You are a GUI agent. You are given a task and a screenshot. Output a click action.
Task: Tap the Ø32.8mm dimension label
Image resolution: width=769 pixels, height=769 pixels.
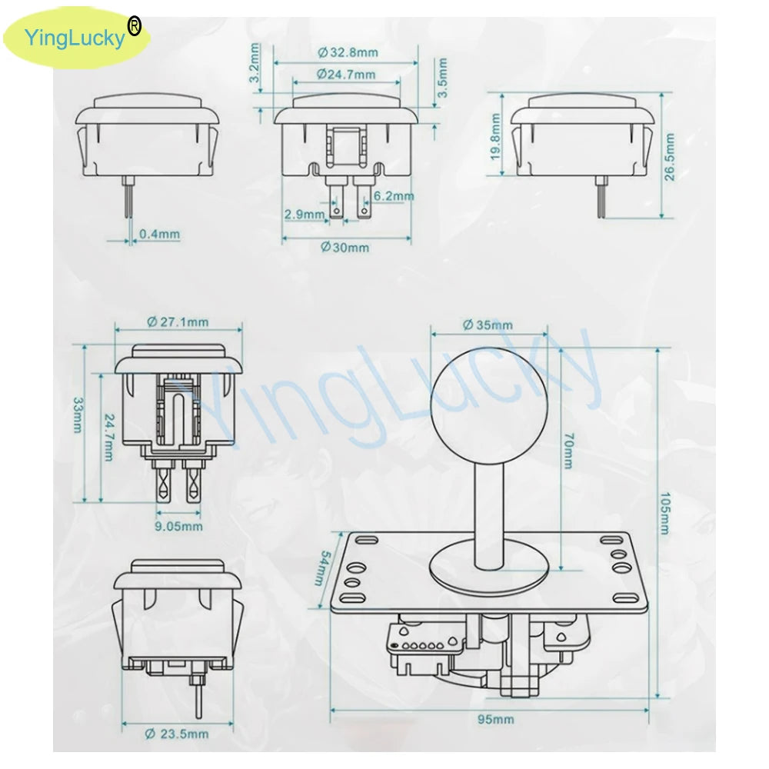348,52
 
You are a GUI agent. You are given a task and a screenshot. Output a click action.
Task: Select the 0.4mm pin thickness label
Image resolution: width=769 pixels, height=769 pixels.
159,234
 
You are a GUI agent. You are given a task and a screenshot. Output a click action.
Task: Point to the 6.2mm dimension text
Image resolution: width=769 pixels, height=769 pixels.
394,195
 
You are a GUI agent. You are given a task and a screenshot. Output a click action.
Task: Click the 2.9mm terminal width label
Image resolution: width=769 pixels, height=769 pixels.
305,215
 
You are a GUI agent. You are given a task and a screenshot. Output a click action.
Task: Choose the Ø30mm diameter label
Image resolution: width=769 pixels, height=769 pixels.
345,247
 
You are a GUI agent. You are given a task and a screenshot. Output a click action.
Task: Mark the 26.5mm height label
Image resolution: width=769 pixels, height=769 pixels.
670,157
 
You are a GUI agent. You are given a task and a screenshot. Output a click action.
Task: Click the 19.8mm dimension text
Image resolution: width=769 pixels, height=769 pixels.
495,137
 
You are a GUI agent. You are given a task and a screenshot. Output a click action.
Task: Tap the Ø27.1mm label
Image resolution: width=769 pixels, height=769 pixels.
178,321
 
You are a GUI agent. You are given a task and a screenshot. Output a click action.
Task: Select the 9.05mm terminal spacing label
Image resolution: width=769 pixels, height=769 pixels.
178,526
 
